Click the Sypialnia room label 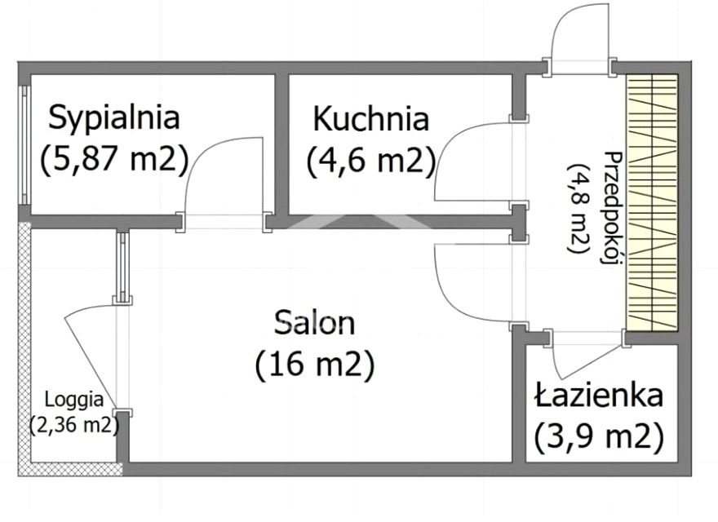[114, 117]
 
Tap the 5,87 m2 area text [114, 159]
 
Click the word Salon [315, 323]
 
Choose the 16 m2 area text [314, 365]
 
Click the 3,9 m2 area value [597, 438]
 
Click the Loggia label [74, 400]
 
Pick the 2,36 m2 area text [74, 424]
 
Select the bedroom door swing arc [220, 175]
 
